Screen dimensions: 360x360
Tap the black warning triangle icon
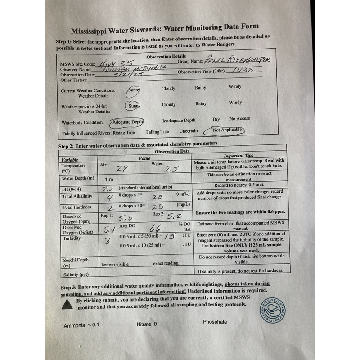67,304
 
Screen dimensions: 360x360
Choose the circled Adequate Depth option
128,122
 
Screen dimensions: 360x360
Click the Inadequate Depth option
179,121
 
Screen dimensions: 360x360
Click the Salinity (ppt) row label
75,274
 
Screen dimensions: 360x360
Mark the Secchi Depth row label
75,263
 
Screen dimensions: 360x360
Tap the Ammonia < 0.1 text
81,325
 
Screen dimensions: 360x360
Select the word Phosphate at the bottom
215,322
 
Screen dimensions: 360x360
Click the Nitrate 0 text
147,324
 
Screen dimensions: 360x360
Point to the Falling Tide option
157,132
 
